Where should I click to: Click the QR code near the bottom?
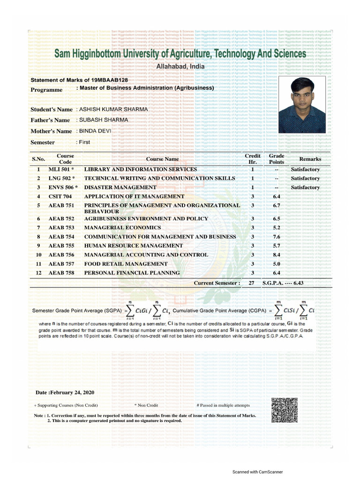(284, 410)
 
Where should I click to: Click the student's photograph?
(302, 105)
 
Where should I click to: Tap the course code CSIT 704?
(60, 196)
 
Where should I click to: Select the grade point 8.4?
(277, 255)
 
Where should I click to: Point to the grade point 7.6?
(277, 237)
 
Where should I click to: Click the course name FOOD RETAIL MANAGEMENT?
(126, 264)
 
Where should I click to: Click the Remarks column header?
(310, 159)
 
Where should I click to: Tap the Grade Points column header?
(277, 158)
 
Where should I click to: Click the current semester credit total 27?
(252, 283)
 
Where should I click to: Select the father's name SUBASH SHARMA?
(103, 120)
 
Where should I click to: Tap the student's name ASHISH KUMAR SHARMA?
(113, 109)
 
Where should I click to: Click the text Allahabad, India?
(180, 67)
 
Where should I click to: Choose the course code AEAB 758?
(61, 273)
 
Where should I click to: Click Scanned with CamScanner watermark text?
(257, 472)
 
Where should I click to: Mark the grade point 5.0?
(277, 264)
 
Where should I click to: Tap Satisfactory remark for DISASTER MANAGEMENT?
(305, 187)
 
